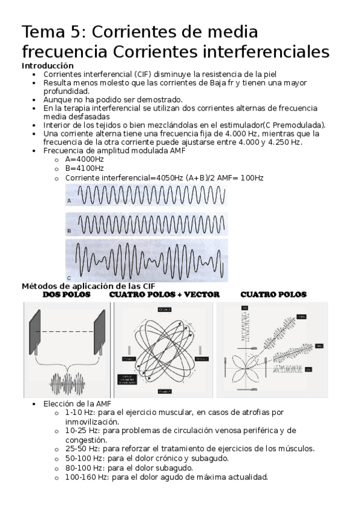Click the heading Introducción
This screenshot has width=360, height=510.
[47, 66]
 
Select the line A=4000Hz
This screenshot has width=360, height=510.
[84, 159]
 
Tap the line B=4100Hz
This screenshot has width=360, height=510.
[84, 168]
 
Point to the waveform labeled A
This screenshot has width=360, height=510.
[146, 196]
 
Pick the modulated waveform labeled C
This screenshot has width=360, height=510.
[146, 260]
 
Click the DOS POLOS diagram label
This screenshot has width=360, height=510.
[67, 295]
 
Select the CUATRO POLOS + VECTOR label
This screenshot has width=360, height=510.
[164, 295]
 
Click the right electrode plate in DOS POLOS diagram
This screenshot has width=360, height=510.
[99, 333]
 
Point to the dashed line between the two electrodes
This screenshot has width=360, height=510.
[67, 331]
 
